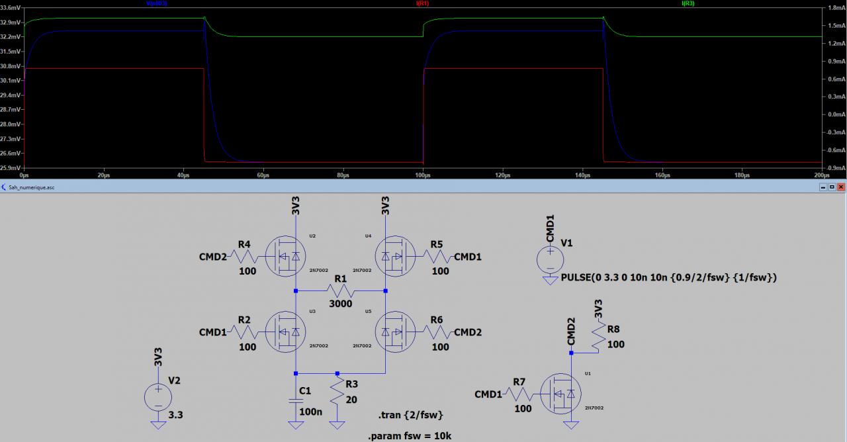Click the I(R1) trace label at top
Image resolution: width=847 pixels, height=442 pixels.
(423, 3)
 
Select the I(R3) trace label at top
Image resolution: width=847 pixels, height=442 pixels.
(688, 3)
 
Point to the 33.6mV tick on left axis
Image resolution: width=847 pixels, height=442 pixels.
(11, 8)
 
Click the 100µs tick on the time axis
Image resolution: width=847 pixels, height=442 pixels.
(423, 175)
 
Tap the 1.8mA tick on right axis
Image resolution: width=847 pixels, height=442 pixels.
(832, 8)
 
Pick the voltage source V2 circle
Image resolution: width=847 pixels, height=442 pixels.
(157, 397)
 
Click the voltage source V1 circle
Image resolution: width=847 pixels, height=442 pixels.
(550, 257)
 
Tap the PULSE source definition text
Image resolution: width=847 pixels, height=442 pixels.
(668, 277)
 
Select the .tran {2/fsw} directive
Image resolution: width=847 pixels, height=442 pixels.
(410, 415)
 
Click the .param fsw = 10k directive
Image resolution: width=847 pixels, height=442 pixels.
(410, 436)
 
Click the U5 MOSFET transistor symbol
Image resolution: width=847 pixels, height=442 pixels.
(395, 331)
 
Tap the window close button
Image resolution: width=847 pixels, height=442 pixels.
(840, 187)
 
